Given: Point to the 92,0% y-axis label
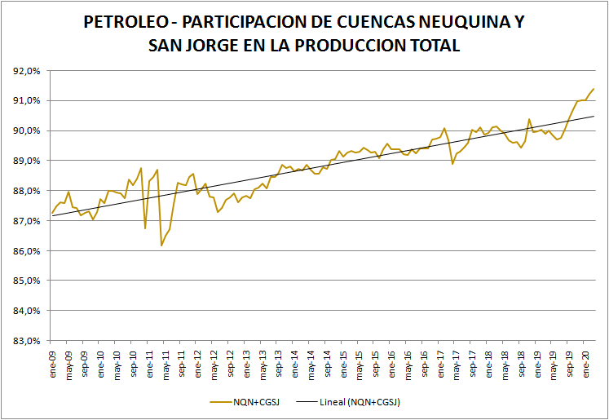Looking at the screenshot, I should click(27, 71).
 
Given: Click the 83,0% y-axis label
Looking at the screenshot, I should click(27, 341).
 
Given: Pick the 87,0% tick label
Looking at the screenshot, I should click(27, 221).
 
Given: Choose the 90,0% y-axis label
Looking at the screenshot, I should click(27, 131).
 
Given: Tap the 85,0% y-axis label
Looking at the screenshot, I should click(27, 281).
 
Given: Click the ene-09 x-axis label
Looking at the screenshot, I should click(53, 360).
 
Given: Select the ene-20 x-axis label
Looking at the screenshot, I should click(586, 360).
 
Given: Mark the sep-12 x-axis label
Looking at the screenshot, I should click(231, 360).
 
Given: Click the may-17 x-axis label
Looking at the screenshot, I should click(457, 360).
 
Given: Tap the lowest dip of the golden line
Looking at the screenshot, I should click(161, 245).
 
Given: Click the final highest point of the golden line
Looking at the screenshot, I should click(594, 88).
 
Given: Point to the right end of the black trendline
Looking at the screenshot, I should click(594, 116).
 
